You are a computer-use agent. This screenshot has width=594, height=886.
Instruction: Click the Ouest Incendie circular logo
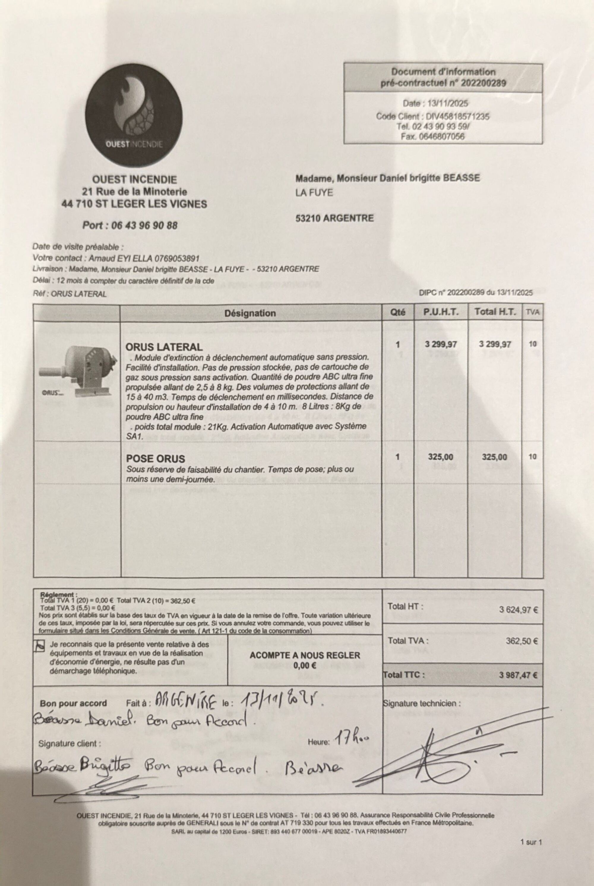tap(133, 115)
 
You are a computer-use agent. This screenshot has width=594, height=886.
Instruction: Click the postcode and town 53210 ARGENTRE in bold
tap(334, 218)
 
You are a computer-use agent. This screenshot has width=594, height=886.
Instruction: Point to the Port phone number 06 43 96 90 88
tap(144, 225)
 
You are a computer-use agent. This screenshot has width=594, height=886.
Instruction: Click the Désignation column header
tap(250, 313)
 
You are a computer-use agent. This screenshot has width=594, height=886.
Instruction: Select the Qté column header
tap(397, 312)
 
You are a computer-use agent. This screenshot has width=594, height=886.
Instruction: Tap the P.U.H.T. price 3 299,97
tap(440, 344)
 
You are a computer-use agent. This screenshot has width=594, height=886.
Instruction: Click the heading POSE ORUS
tap(155, 459)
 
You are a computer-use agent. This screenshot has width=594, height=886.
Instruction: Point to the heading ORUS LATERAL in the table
tap(164, 347)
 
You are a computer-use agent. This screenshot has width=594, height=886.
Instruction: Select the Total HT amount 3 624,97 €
tap(518, 610)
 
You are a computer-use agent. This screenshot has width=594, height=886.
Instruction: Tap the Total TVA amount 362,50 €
tap(521, 641)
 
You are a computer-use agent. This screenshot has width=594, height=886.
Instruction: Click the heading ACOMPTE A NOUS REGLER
tap(305, 655)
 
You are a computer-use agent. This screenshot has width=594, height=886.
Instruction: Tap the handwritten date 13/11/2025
tap(279, 700)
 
